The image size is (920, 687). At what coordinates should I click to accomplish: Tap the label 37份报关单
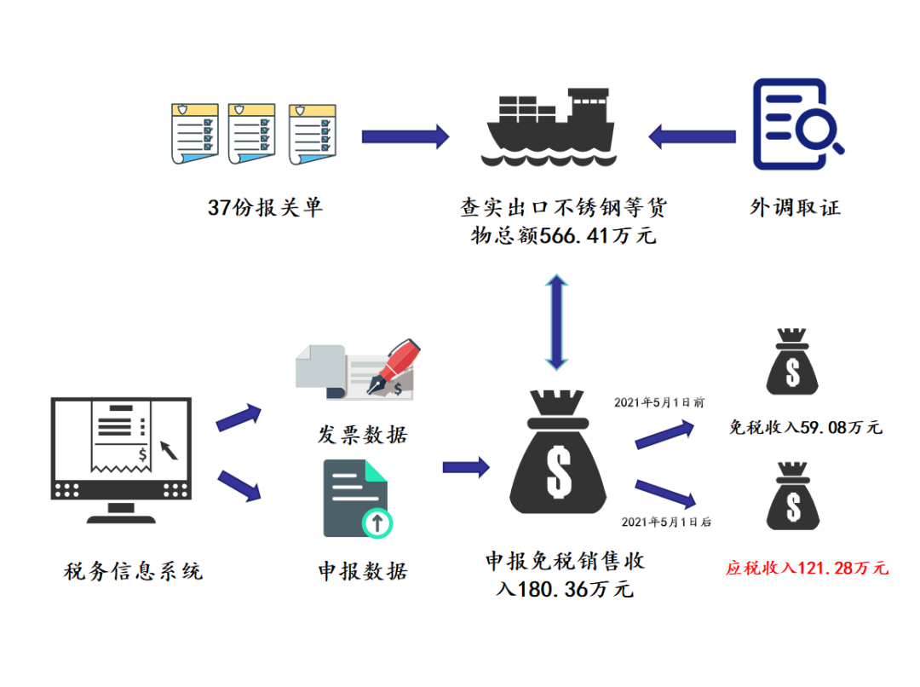point(265,208)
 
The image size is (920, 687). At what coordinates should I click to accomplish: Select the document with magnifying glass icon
point(796,124)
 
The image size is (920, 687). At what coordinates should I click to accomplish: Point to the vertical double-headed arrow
point(555,322)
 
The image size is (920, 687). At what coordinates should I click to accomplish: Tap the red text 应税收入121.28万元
point(806,568)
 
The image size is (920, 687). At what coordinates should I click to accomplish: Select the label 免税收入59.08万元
point(806,427)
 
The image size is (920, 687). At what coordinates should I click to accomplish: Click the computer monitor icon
point(120,460)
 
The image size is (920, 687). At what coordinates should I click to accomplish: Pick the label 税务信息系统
point(134,570)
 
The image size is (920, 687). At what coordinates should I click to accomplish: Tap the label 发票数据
point(362,435)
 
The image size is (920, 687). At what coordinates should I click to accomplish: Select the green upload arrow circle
point(376,521)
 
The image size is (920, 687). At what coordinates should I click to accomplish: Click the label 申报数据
point(362,570)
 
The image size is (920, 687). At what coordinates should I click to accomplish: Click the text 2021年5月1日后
point(665,522)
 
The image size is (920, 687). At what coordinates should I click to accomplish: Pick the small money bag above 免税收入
point(793,363)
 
